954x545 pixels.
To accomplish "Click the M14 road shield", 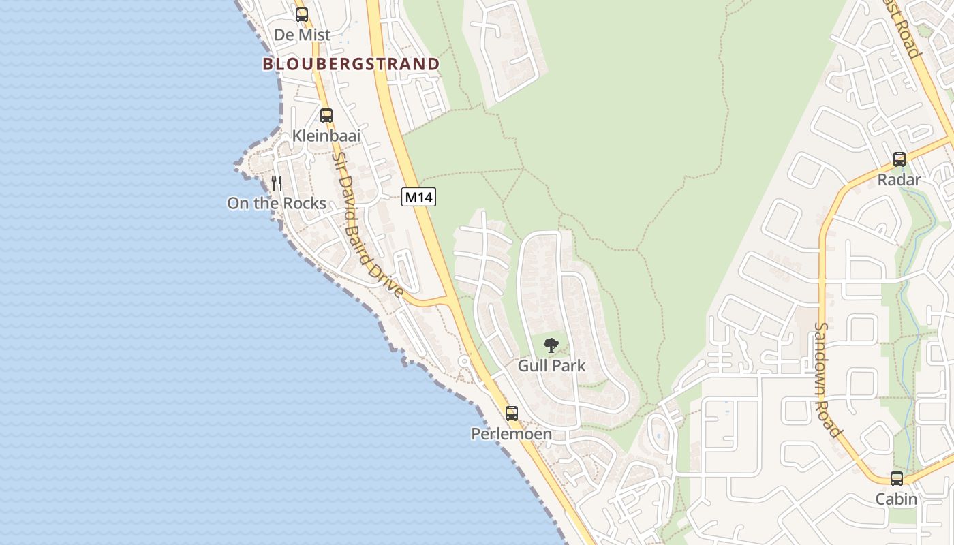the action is (418, 198).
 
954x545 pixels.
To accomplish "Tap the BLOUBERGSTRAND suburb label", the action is (351, 64).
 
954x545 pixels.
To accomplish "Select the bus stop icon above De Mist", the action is (302, 14).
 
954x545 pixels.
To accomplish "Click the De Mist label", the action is (302, 34).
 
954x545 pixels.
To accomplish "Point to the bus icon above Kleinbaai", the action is (326, 115).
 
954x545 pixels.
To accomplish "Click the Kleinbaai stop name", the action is (326, 136).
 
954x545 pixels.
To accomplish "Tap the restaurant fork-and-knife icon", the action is (277, 183).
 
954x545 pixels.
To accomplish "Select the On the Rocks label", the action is (277, 203).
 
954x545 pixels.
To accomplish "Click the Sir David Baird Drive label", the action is (367, 225).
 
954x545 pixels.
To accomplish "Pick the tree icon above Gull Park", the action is (551, 345).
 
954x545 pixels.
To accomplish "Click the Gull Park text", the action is (551, 365).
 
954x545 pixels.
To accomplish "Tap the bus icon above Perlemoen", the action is (512, 413).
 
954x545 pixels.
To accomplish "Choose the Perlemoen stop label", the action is (512, 433).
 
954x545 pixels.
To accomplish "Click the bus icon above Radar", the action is (899, 159).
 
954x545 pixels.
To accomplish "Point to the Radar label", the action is (899, 180).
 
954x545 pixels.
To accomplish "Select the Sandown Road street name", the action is (827, 379).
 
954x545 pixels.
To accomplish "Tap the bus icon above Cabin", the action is (897, 478).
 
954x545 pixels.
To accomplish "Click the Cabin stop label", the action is (897, 499).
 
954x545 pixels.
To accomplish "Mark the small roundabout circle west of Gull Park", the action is (464, 360).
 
